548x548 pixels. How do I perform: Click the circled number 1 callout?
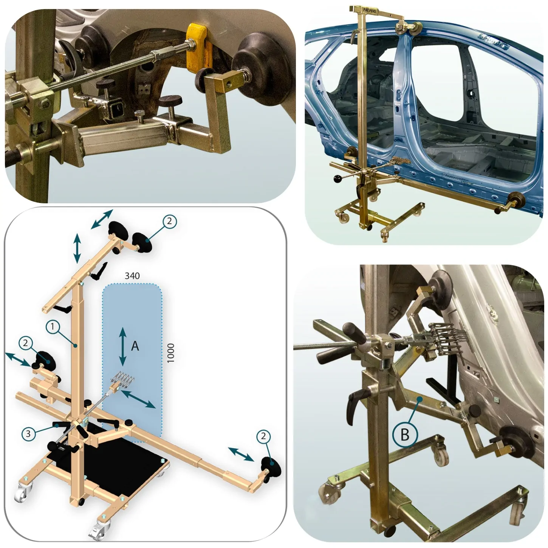[53, 327]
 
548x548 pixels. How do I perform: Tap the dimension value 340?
[132, 276]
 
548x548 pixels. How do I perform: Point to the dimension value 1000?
[170, 353]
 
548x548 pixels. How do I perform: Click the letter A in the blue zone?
[135, 346]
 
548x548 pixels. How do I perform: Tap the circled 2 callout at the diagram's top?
[169, 221]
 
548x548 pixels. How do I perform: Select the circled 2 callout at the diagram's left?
[26, 343]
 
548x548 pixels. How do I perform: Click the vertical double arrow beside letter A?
[122, 347]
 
